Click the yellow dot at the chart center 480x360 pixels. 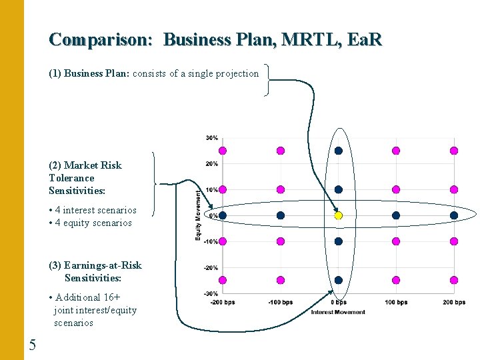click(338, 215)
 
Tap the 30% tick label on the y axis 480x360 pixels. click(211, 138)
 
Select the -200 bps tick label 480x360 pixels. click(223, 303)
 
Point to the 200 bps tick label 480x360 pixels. click(454, 303)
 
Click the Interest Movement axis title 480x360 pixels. click(338, 312)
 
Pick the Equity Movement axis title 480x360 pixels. click(197, 215)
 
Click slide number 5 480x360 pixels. click(33, 345)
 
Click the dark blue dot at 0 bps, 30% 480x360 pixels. click(338, 151)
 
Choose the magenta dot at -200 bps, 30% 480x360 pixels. click(223, 151)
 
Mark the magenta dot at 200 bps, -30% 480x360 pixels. click(454, 280)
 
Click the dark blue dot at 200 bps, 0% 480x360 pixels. click(454, 215)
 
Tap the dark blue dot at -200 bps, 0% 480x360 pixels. click(223, 215)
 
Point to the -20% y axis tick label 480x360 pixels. click(211, 267)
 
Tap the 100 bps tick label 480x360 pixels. click(396, 303)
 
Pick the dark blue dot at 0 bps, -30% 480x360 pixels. click(338, 280)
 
